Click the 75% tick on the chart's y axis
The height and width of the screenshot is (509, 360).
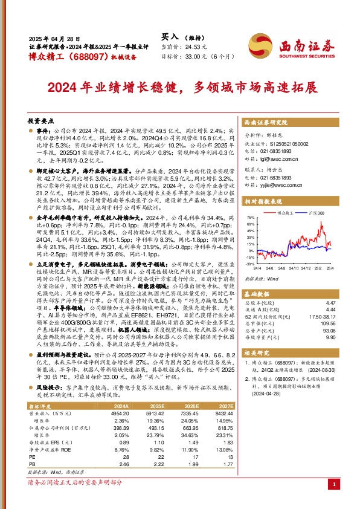click(x=249, y=216)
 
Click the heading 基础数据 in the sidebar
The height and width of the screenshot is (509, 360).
click(x=259, y=293)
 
